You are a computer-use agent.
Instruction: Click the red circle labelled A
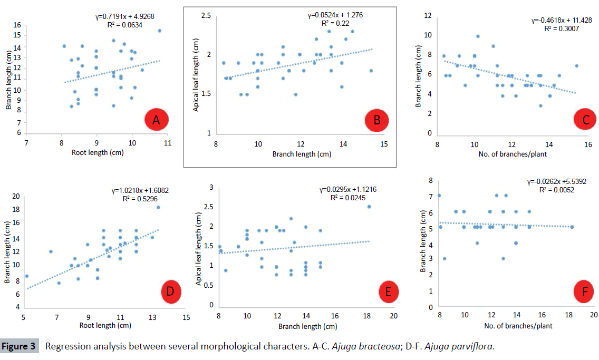(x=156, y=121)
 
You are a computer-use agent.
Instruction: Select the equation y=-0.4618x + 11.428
(x=561, y=20)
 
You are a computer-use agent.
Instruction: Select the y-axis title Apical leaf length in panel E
(x=199, y=245)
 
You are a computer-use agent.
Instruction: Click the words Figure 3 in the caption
(x=19, y=347)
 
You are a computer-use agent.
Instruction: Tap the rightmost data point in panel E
(x=369, y=207)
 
